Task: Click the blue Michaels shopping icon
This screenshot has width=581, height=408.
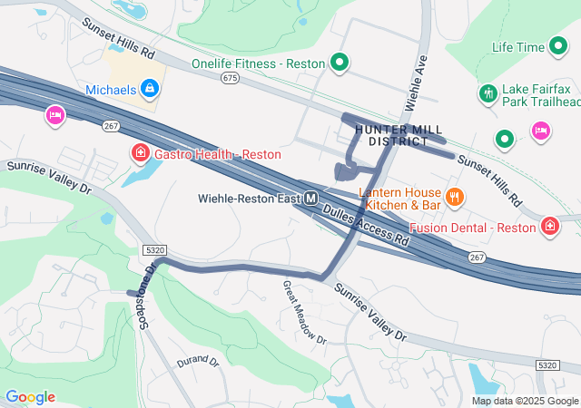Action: click(151, 89)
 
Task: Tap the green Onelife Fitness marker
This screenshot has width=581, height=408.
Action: click(340, 63)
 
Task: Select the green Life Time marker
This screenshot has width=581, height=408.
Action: click(557, 46)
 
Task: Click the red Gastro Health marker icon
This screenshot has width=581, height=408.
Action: click(140, 153)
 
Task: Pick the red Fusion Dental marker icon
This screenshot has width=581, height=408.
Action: click(550, 226)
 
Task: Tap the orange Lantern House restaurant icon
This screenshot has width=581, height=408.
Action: click(455, 195)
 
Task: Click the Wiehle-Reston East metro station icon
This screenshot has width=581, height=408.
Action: click(311, 198)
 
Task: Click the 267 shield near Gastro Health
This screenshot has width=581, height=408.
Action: click(111, 126)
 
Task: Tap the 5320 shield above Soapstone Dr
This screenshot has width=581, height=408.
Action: click(154, 248)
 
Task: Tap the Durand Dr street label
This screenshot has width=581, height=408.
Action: click(197, 361)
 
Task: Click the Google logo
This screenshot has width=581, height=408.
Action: click(30, 397)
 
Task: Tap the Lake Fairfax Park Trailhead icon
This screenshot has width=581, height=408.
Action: click(487, 92)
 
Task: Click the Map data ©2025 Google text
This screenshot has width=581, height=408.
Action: click(524, 401)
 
